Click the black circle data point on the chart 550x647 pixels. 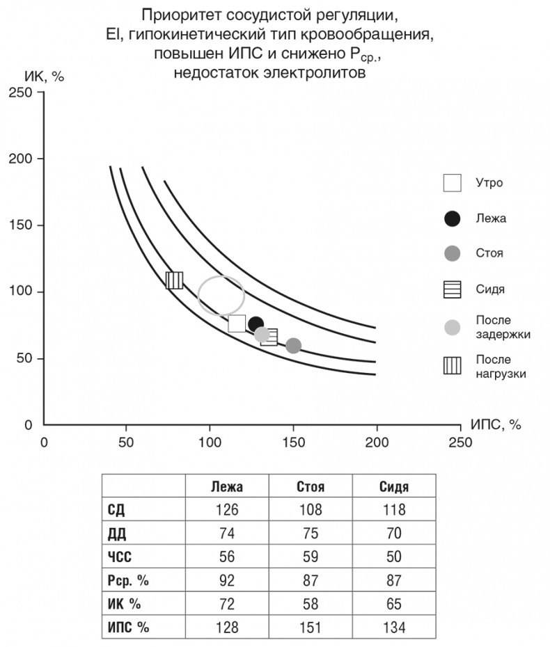click(256, 324)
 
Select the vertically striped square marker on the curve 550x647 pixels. click(175, 280)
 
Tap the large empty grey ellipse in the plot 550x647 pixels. click(221, 295)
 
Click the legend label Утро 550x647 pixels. click(489, 183)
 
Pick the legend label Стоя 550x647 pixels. click(489, 253)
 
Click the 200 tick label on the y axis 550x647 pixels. click(24, 159)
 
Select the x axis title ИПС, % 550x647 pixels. click(496, 424)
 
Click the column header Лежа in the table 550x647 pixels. click(226, 486)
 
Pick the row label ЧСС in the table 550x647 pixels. click(120, 557)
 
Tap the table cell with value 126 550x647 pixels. click(226, 509)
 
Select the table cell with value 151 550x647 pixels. click(310, 627)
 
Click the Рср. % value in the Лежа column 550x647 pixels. click(226, 580)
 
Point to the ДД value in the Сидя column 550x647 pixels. click(393, 533)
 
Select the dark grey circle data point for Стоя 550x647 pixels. click(293, 345)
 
